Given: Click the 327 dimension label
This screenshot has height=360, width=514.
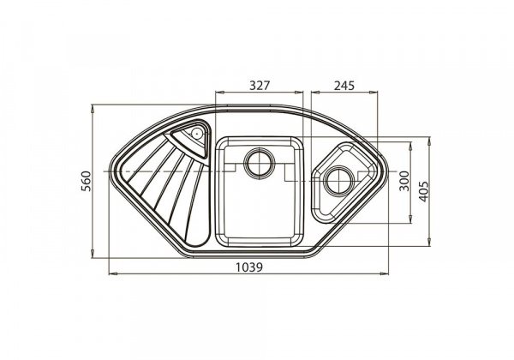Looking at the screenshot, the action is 260,86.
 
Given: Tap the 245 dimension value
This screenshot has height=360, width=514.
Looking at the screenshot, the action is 344,86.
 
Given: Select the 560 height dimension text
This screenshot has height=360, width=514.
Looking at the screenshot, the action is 86,182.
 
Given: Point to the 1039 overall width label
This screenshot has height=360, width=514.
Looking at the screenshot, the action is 249,267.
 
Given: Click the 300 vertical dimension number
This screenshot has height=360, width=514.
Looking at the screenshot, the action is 404,181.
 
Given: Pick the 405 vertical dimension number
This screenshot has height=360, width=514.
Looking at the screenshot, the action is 423,191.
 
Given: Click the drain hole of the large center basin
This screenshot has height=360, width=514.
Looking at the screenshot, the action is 260,163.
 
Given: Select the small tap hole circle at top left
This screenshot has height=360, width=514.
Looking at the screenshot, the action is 196,133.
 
